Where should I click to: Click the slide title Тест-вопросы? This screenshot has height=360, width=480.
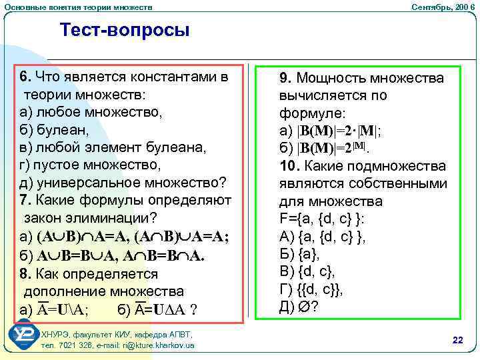[x=125, y=30]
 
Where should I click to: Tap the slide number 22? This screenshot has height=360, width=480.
[x=457, y=340]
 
